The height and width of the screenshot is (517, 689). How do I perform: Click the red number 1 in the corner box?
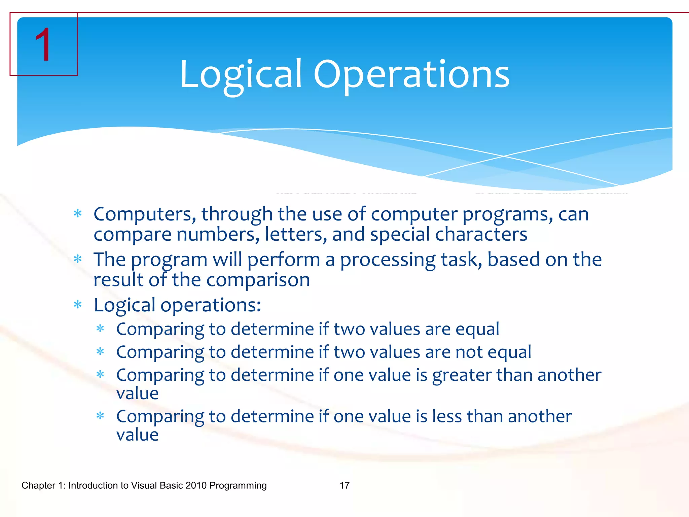tap(43, 45)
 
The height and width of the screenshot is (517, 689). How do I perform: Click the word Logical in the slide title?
tap(241, 75)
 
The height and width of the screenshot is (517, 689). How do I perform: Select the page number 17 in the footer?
tap(344, 485)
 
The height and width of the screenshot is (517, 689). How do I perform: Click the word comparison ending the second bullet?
tap(258, 280)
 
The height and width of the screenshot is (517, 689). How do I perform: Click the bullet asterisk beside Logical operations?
tap(78, 305)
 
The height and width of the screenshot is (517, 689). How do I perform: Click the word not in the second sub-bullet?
tap(469, 352)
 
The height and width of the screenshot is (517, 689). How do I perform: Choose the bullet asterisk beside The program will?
tap(78, 259)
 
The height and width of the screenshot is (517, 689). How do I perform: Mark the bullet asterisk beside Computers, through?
tap(78, 213)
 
